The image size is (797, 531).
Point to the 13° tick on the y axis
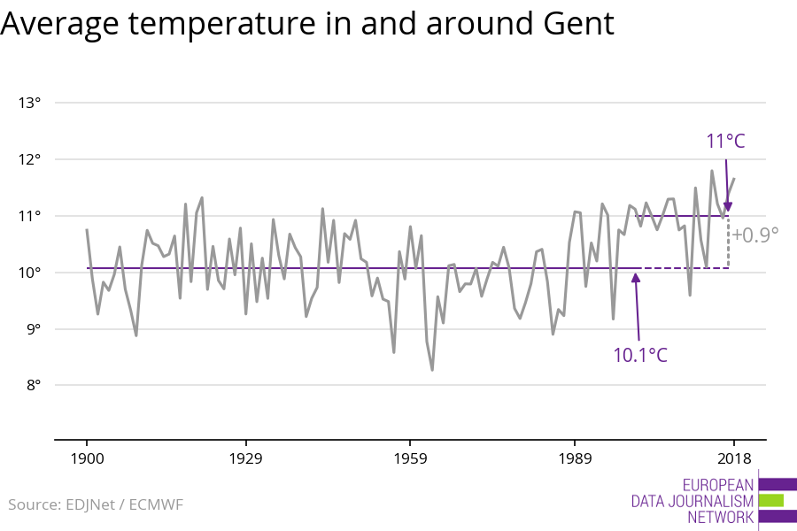coord(30,103)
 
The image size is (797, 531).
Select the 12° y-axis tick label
coord(30,159)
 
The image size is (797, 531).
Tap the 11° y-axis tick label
coord(30,216)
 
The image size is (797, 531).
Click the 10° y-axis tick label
coord(30,273)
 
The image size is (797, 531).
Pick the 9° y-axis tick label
coord(32,329)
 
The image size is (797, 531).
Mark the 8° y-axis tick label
coord(32,385)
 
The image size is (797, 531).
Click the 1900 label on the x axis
coord(87,458)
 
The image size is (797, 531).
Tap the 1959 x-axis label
coord(410,458)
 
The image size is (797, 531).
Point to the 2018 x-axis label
coord(733,458)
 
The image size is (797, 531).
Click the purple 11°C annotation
coord(726,142)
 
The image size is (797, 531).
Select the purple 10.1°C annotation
coord(640,356)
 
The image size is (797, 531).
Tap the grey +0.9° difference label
coord(755,235)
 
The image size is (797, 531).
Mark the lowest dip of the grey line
coord(432,370)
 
